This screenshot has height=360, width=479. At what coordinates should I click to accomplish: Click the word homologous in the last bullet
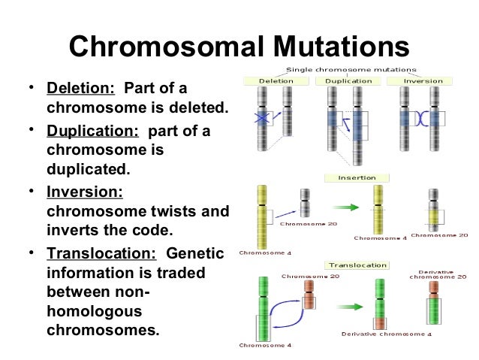click(x=91, y=310)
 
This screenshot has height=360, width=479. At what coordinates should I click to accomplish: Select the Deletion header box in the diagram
click(x=276, y=80)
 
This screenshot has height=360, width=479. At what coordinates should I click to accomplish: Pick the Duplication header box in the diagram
click(x=349, y=80)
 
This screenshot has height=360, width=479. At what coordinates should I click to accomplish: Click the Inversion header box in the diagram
click(x=423, y=80)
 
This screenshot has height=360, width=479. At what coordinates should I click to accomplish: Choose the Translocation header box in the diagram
click(x=357, y=265)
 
